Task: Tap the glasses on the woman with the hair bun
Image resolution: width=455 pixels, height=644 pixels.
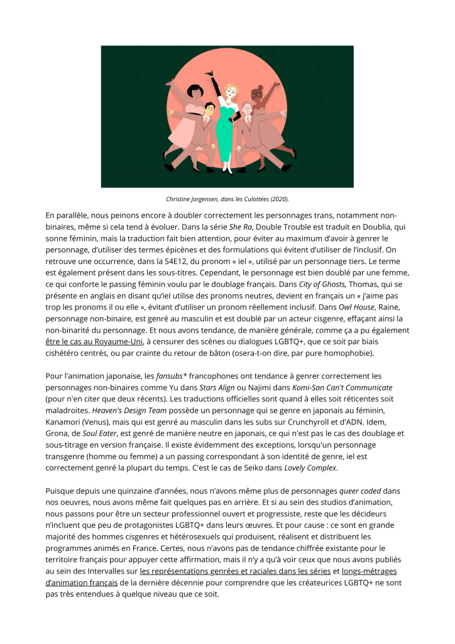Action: pos(258,95)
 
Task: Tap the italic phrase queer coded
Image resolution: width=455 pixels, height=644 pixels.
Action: pos(361,491)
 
